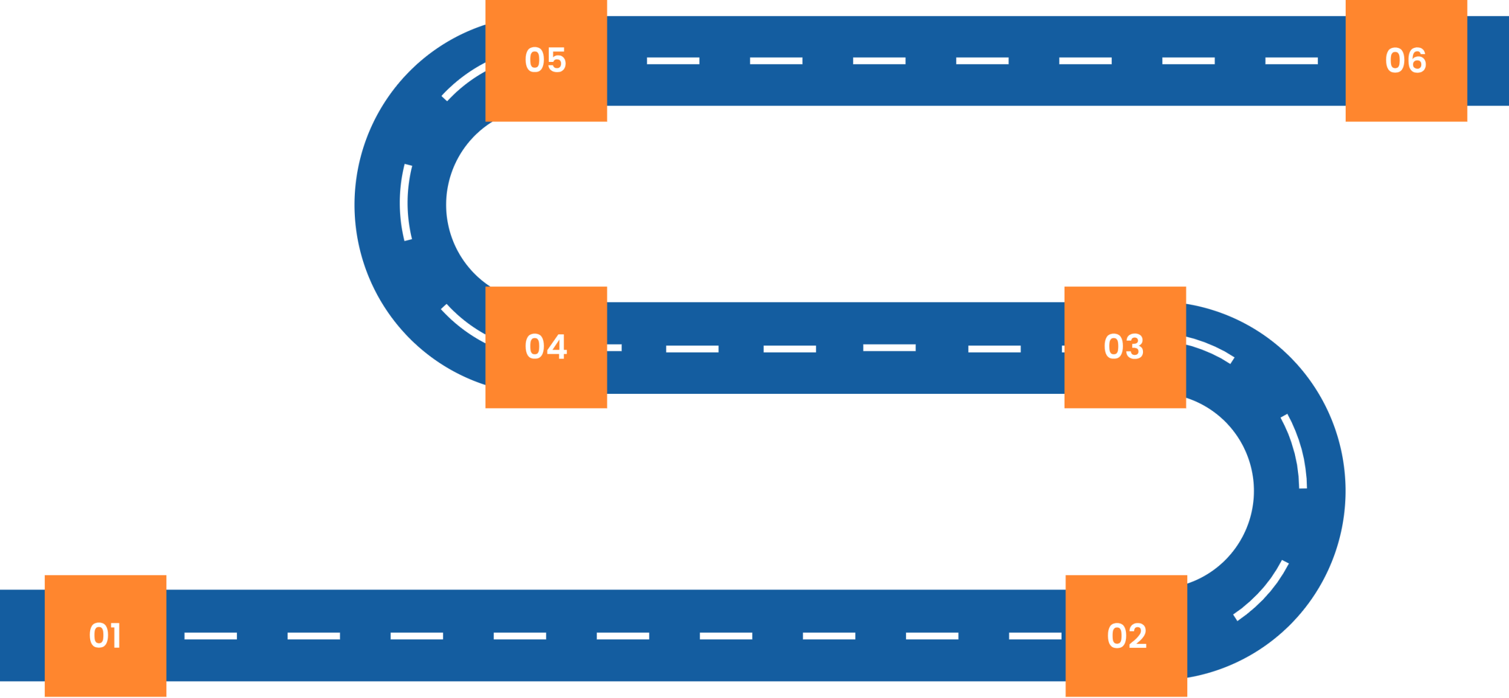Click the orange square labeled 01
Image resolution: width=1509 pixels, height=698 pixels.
click(x=105, y=636)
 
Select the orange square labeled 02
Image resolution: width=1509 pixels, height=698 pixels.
click(x=1126, y=636)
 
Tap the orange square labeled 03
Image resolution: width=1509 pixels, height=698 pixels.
click(x=1125, y=347)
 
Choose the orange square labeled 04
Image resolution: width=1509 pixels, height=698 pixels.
click(x=546, y=347)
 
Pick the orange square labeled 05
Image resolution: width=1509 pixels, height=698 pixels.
click(x=546, y=61)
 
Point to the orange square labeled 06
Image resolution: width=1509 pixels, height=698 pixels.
click(x=1406, y=61)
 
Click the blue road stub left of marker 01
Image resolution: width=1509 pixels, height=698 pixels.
click(x=22, y=635)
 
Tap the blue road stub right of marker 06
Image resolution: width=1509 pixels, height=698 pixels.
click(x=1488, y=61)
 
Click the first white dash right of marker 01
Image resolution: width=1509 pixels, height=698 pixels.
click(x=210, y=636)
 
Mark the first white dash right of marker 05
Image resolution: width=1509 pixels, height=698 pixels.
click(x=673, y=61)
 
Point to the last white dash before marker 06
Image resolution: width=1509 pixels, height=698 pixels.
click(x=1291, y=61)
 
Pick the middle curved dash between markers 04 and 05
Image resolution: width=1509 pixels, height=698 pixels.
click(x=406, y=202)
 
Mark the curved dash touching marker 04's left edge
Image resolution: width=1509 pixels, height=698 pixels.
click(x=463, y=324)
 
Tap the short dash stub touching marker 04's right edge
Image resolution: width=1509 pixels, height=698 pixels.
click(x=614, y=348)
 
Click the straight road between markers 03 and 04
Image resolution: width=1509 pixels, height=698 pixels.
click(x=835, y=371)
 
